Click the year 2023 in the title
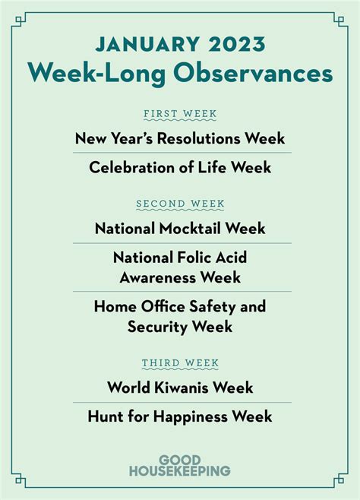[237, 44]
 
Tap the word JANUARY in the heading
[147, 44]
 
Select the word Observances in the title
[253, 74]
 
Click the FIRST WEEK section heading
[180, 113]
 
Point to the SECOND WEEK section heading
[180, 204]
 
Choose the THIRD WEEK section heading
[180, 363]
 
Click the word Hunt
[105, 416]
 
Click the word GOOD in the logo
[180, 460]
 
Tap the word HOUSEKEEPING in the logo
[180, 470]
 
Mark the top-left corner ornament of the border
[19, 21]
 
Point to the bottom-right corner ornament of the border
[340, 479]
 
